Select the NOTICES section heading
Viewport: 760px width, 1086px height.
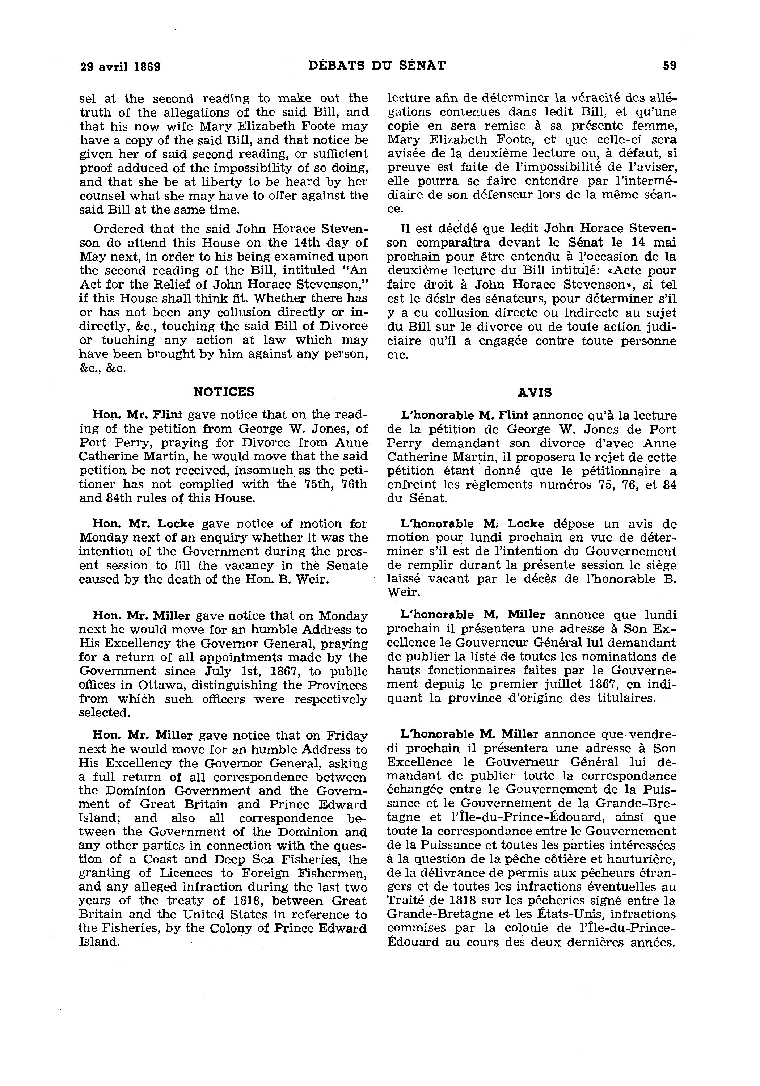point(224,392)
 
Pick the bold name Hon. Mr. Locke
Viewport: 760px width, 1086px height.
point(143,523)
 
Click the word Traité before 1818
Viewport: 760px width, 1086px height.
point(404,901)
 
